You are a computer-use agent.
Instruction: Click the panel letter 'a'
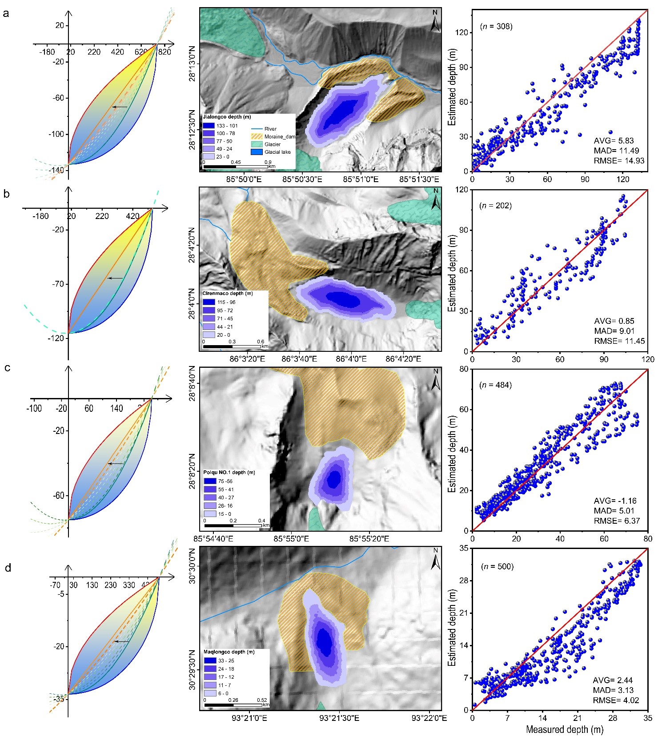[6, 13]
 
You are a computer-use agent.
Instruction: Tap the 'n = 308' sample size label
[496, 26]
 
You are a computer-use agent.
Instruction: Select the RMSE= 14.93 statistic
[619, 161]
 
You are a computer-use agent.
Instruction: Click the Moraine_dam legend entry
[279, 137]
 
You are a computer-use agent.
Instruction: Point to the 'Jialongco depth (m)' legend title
[227, 117]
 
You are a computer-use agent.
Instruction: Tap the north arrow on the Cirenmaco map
[436, 200]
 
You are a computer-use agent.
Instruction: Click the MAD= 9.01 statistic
[614, 331]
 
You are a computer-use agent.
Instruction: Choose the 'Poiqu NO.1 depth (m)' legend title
[229, 472]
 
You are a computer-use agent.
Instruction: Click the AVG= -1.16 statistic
[614, 501]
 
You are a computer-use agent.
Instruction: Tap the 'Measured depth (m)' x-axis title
[564, 729]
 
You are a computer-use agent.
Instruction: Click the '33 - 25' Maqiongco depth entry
[226, 660]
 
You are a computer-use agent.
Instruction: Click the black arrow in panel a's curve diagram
[119, 107]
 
